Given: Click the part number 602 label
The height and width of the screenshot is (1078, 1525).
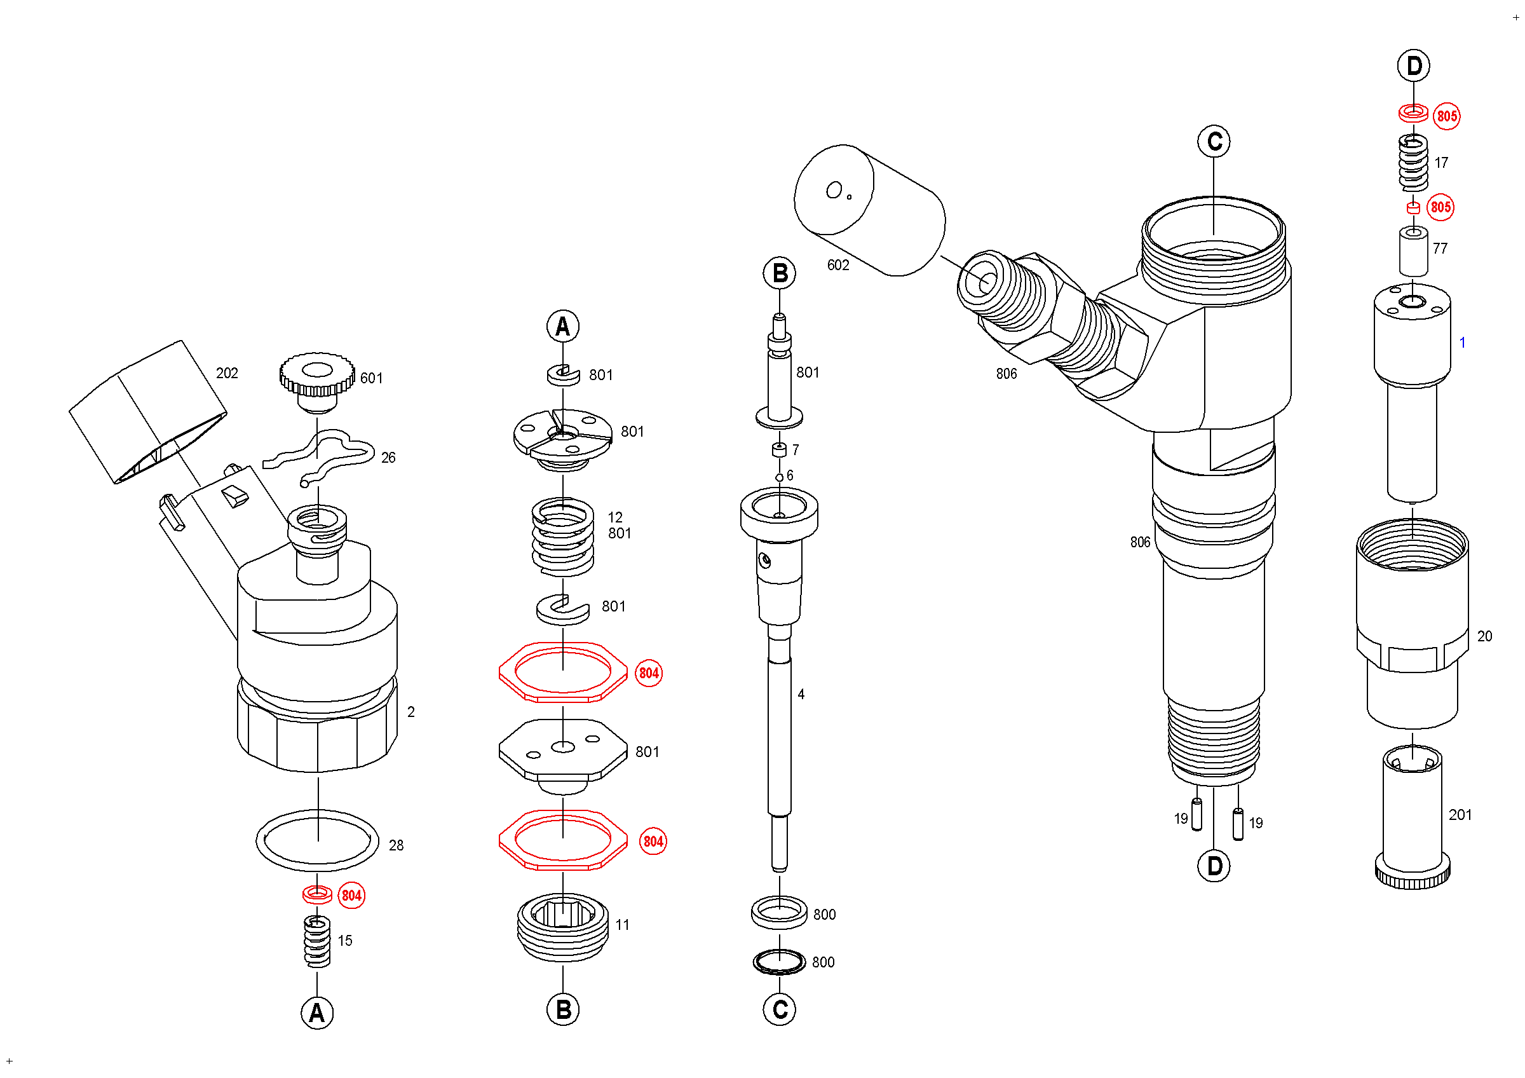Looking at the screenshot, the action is (837, 265).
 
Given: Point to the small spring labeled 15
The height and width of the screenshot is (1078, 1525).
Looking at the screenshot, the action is (317, 941).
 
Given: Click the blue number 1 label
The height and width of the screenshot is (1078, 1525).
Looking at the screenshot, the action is (1462, 343).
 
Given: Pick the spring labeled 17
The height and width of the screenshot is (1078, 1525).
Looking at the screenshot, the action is (1413, 162).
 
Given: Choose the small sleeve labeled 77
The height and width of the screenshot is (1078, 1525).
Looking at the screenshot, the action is (1413, 251).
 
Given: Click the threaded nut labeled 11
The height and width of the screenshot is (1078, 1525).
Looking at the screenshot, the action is (562, 927).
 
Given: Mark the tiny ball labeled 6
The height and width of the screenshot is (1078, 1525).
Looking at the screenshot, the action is (779, 477).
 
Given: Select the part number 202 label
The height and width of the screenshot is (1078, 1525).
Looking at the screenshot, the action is (227, 373).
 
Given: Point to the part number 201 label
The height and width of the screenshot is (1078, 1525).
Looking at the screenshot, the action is (1460, 815).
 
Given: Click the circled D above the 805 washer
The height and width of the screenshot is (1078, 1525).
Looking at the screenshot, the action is (1413, 65).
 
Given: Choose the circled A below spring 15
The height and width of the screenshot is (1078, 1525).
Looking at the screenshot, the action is (317, 1013).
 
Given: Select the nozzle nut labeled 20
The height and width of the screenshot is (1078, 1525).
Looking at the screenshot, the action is (1412, 624).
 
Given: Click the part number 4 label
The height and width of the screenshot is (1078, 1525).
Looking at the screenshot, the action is (801, 694).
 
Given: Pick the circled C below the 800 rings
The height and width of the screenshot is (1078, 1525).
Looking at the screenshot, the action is (779, 1009).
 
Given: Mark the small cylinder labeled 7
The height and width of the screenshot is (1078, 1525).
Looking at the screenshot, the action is (779, 449).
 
